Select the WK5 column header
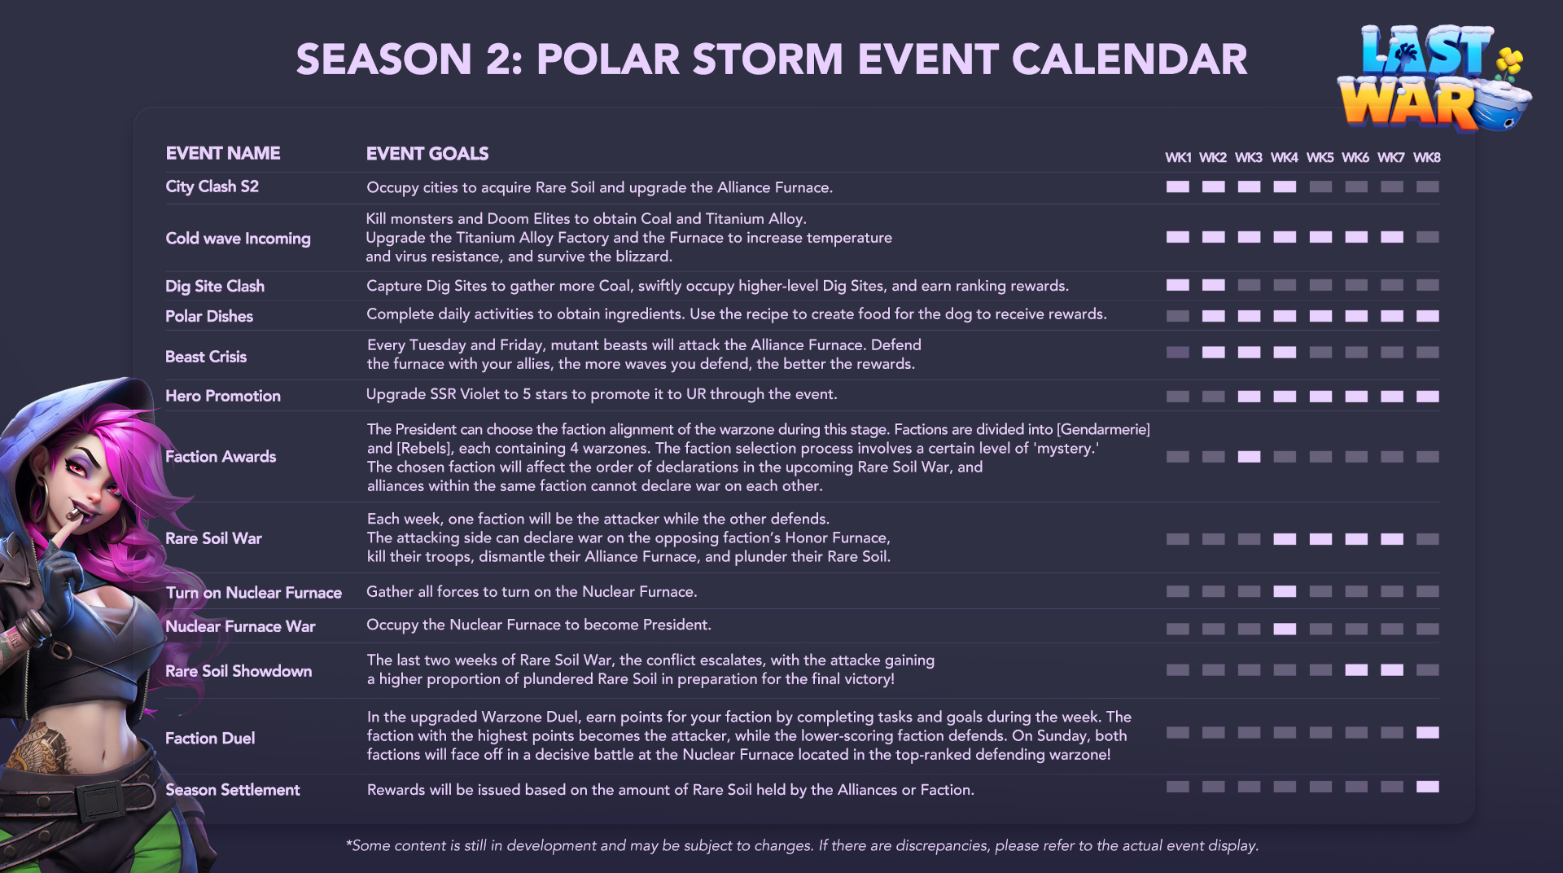point(1320,157)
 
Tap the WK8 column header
point(1426,157)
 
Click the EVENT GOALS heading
point(427,153)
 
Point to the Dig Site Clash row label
point(215,286)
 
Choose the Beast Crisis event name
point(205,357)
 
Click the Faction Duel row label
point(210,738)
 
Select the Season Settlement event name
point(232,789)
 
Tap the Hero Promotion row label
point(223,396)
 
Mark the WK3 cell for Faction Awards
point(1249,457)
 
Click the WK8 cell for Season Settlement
point(1427,787)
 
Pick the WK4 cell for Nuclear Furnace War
point(1285,629)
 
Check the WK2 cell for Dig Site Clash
point(1213,285)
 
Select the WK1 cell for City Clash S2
point(1177,186)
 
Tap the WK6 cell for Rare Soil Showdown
point(1356,670)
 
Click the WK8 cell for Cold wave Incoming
point(1427,237)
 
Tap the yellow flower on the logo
point(1509,59)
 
